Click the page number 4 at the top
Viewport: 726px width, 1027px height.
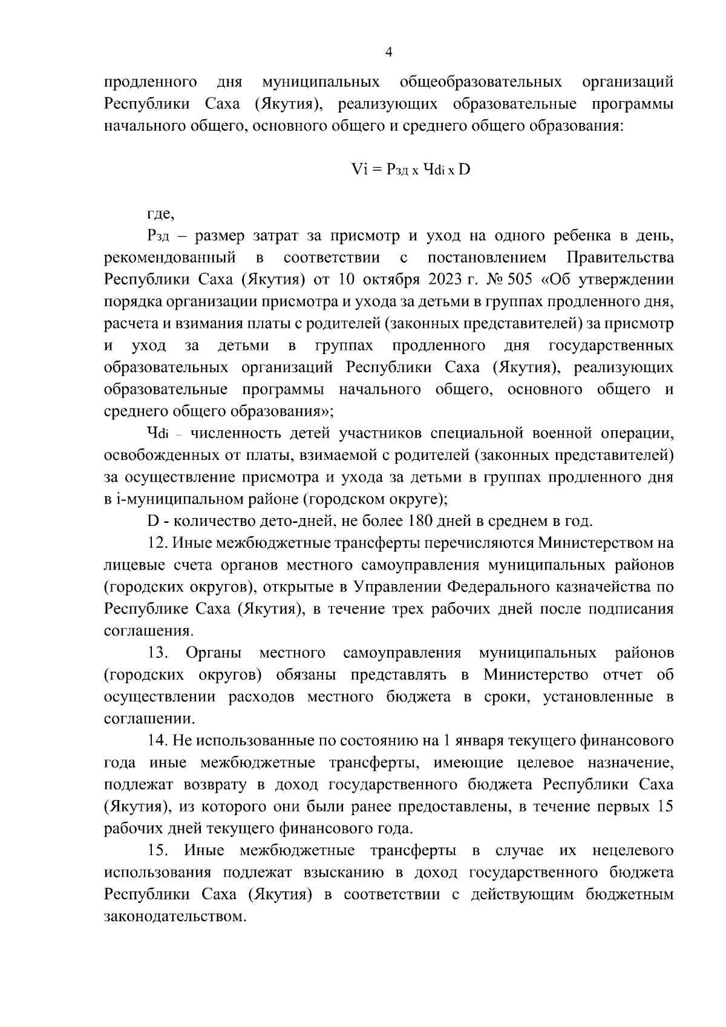[x=389, y=53]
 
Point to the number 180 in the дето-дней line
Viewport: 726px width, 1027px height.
[x=422, y=521]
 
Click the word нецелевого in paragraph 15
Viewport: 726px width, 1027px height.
[x=633, y=850]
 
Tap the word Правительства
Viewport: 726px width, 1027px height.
[x=619, y=258]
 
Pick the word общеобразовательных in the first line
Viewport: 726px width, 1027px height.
[x=480, y=82]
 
